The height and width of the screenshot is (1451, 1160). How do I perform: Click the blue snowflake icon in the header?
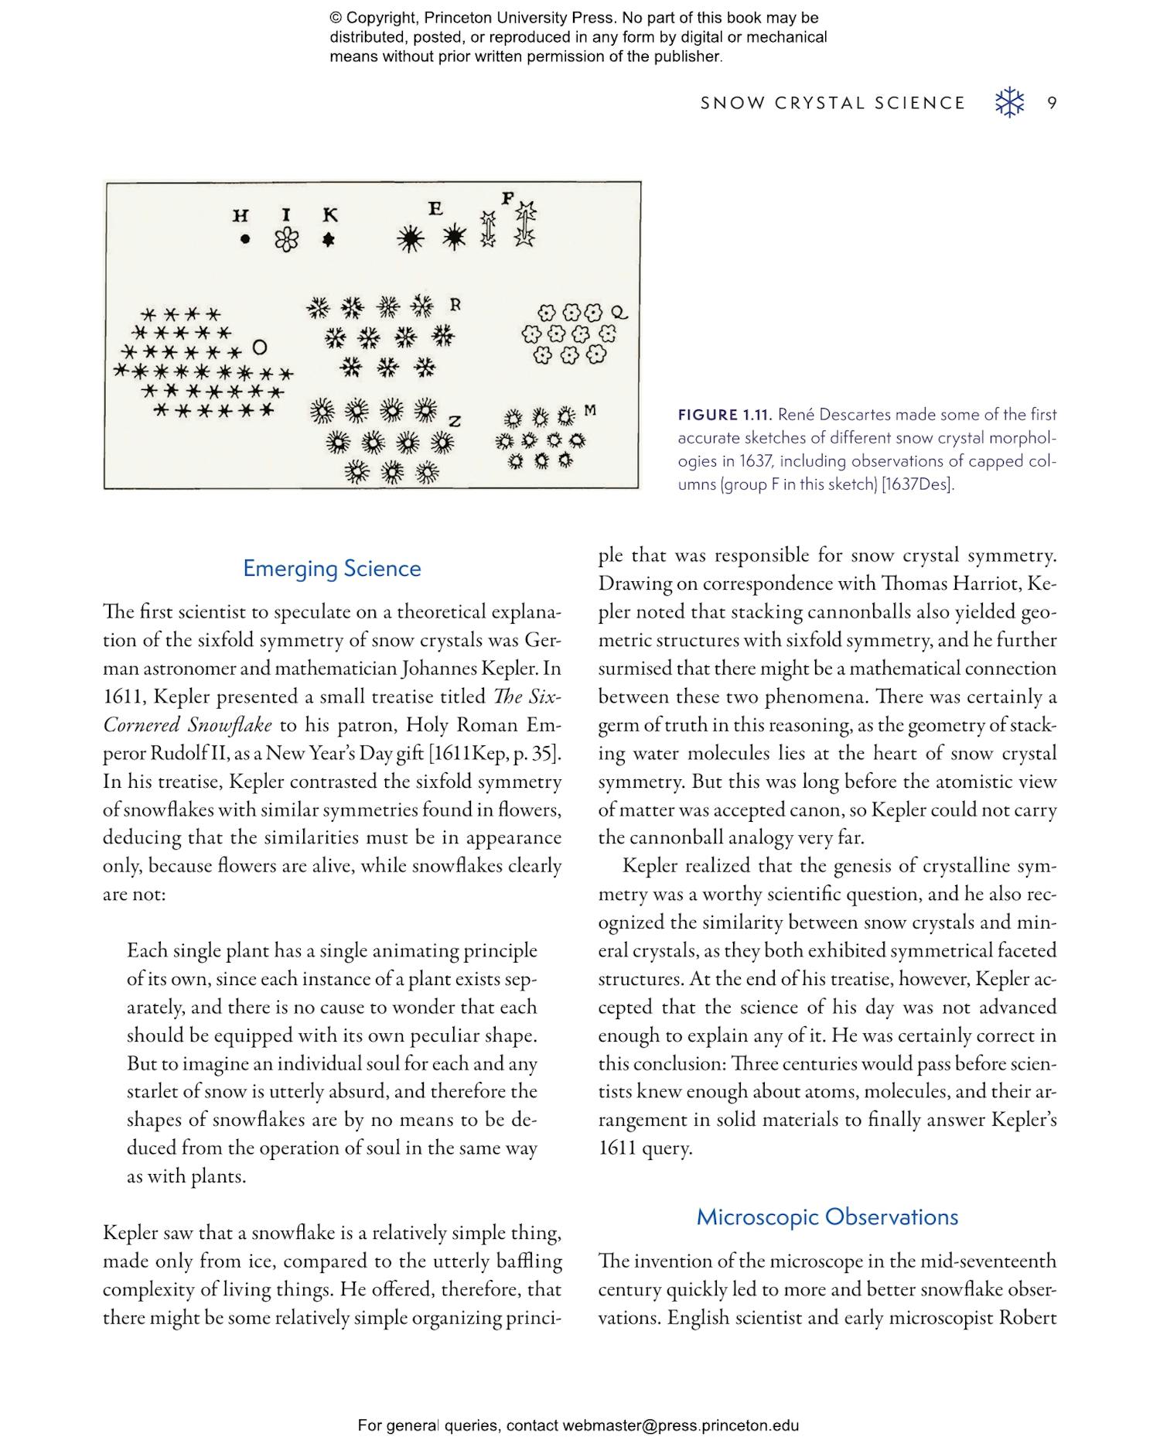[x=1009, y=103]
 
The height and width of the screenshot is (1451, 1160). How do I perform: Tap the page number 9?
[x=1053, y=103]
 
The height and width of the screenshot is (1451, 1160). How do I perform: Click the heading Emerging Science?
[x=332, y=568]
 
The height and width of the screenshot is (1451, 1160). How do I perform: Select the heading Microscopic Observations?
[x=827, y=1217]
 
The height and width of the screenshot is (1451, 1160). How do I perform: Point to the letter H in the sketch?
[x=241, y=215]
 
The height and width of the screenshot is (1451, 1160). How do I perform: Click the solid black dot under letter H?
[x=245, y=240]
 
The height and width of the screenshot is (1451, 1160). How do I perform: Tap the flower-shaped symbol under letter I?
[x=286, y=240]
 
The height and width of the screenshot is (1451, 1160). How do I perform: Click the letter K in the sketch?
[x=330, y=215]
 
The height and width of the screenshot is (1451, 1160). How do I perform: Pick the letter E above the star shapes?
[x=435, y=208]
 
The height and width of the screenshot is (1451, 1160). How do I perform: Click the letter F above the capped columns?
[x=507, y=198]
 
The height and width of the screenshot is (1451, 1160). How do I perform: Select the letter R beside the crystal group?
[x=455, y=304]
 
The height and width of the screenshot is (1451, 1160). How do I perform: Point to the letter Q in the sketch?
[x=619, y=313]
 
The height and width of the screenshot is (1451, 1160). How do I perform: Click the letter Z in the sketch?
[x=455, y=421]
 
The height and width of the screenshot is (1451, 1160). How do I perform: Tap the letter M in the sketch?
[x=591, y=409]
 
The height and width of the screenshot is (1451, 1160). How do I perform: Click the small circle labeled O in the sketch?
[x=260, y=346]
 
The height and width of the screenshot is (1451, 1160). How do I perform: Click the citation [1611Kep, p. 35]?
[x=495, y=753]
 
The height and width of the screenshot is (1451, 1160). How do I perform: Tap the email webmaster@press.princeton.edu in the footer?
[x=681, y=1425]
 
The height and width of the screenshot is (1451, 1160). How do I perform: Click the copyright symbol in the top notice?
[x=336, y=18]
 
